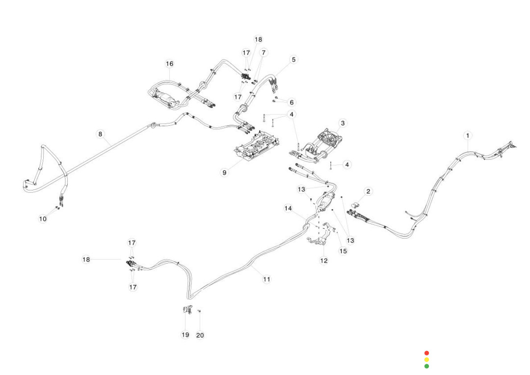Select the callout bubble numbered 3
343,123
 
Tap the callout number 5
293,59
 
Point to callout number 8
100,134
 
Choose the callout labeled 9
224,173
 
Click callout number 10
43,219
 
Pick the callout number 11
266,279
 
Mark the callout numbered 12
324,261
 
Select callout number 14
288,208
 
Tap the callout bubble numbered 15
343,251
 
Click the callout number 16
169,64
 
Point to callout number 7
264,52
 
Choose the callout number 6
291,102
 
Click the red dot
426,353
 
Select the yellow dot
426,360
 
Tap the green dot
426,366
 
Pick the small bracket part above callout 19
187,311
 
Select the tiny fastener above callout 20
199,311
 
